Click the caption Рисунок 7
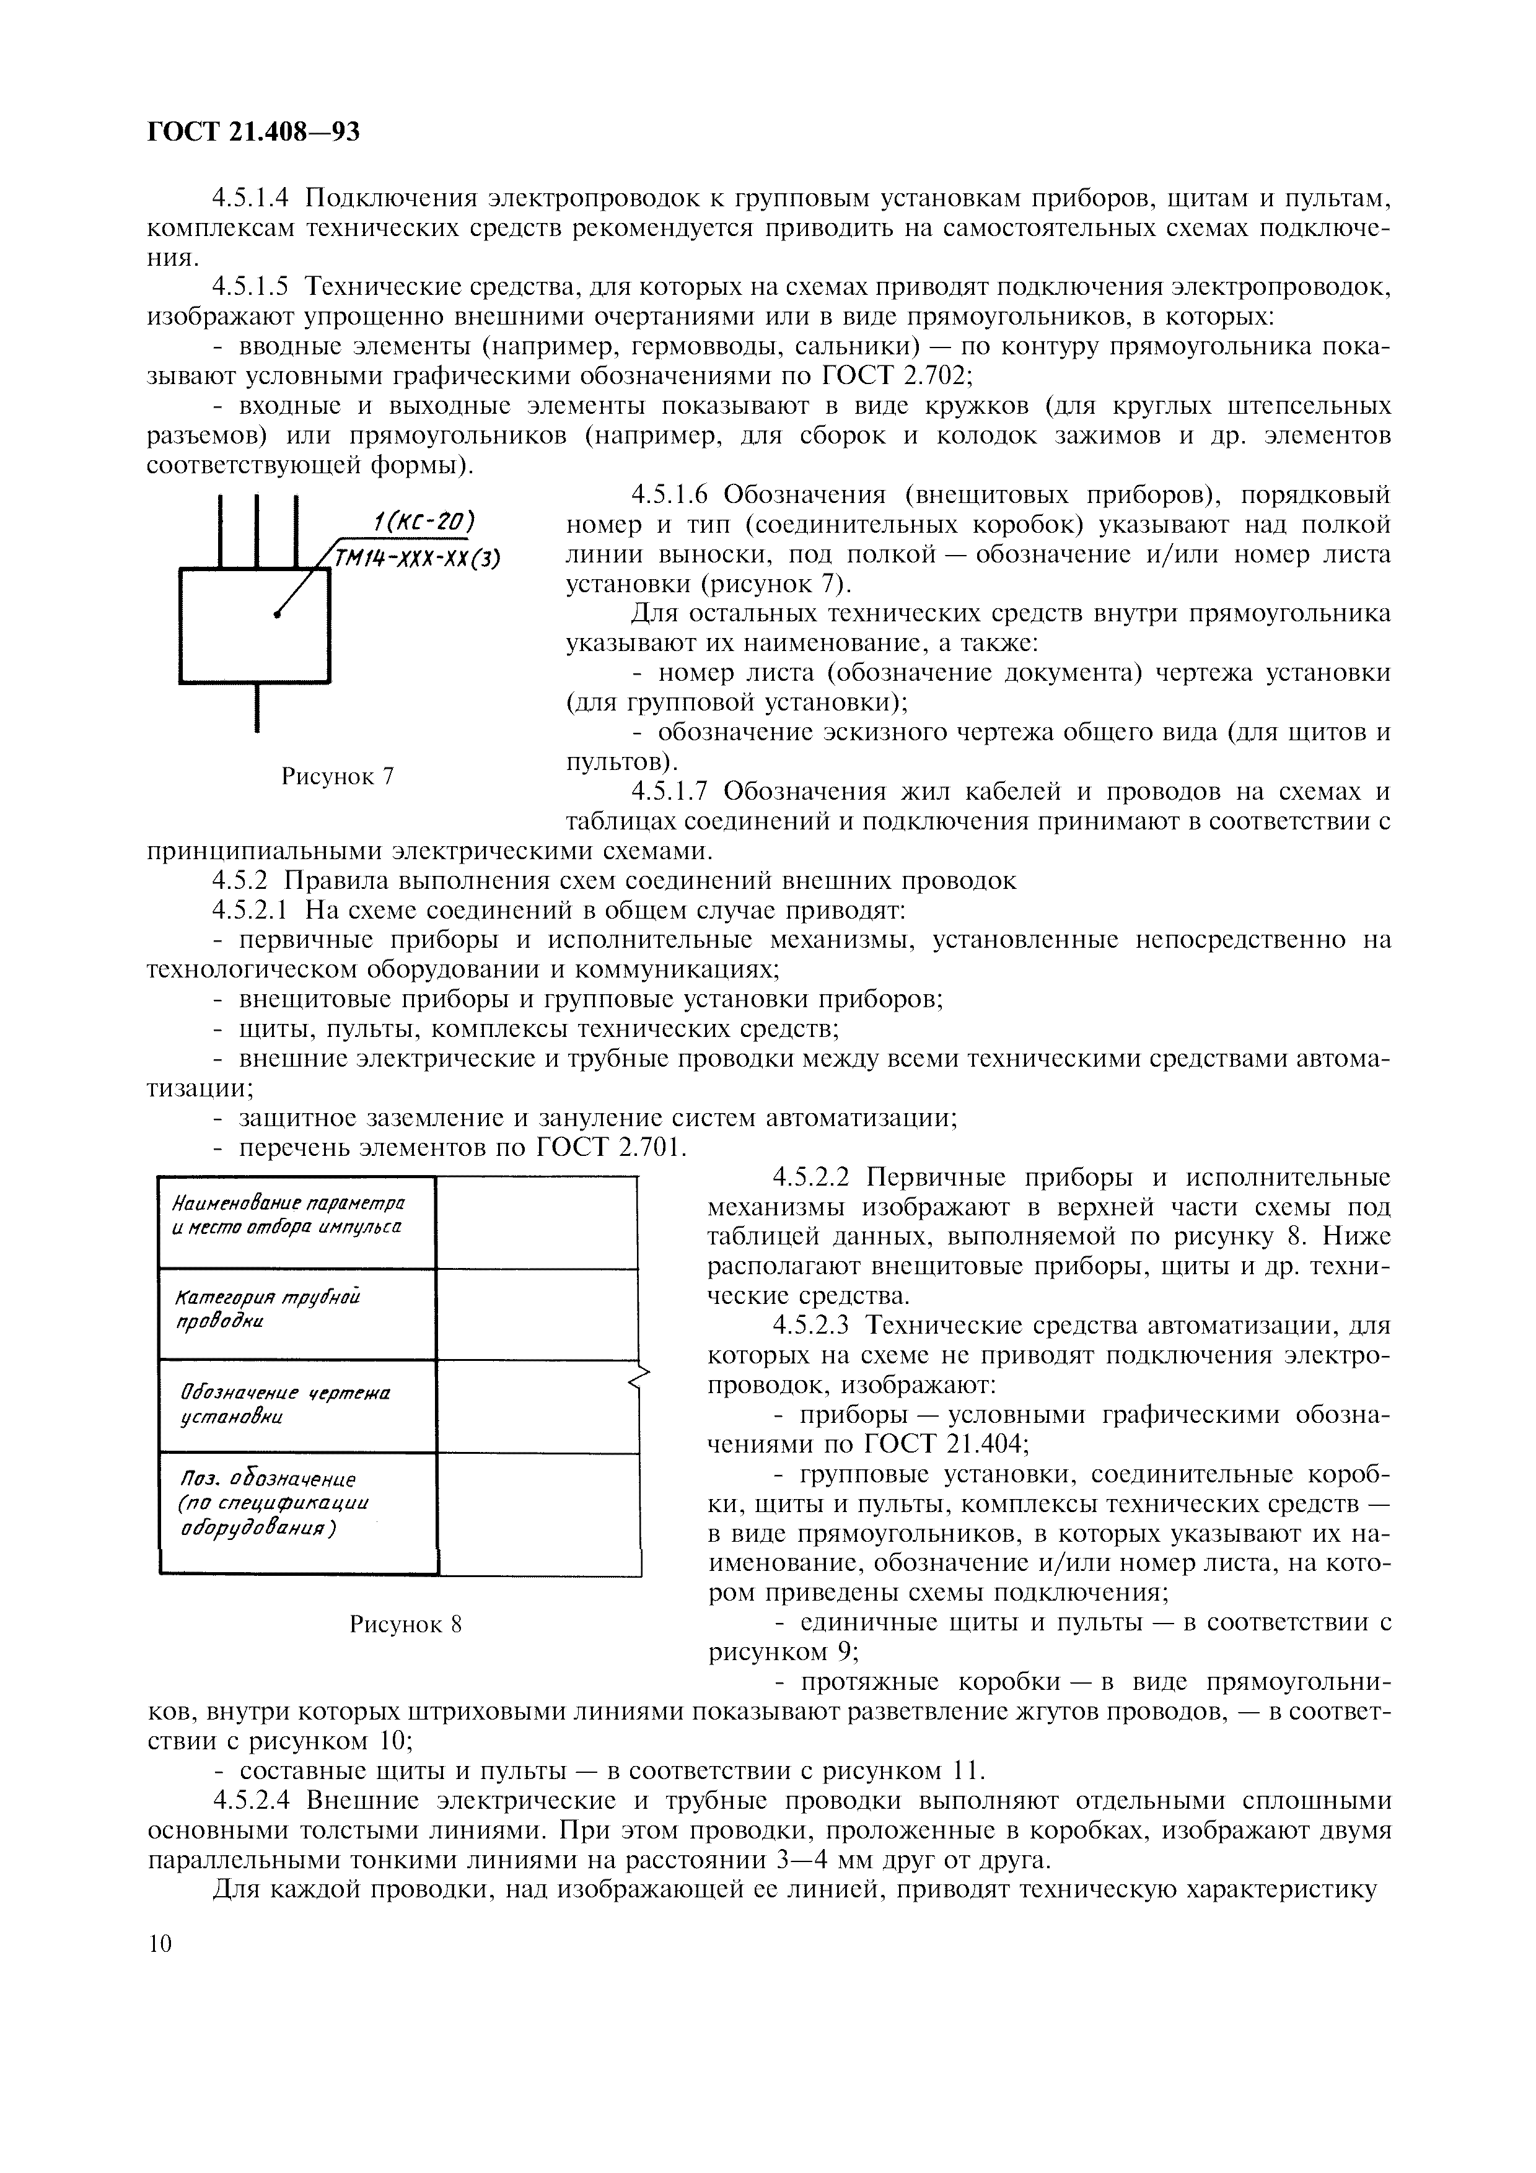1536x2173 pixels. click(x=338, y=777)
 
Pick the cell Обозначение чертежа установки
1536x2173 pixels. click(x=296, y=1406)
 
